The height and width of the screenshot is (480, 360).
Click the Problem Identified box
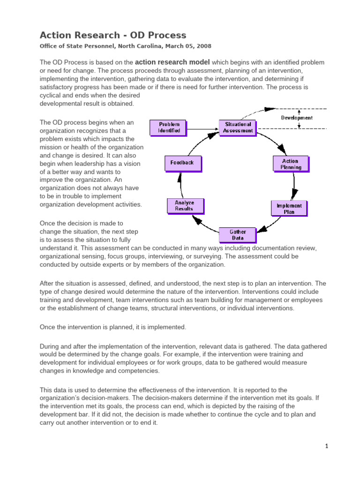pos(169,127)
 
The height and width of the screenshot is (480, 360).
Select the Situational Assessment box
pos(238,127)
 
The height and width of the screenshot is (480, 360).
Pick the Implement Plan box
pos(289,208)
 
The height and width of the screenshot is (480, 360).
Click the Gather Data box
pos(238,234)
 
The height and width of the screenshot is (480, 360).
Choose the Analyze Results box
pos(184,205)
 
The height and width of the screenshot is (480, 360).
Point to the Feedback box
pos(182,163)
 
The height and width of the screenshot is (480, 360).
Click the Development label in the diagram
pos(297,118)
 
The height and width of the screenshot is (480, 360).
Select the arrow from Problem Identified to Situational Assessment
pos(202,127)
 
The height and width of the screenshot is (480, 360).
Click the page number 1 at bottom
pos(327,447)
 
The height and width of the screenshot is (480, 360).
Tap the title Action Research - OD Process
pos(113,35)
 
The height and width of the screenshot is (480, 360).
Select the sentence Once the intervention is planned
pos(113,327)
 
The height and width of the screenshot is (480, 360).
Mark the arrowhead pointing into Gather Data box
pos(263,230)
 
